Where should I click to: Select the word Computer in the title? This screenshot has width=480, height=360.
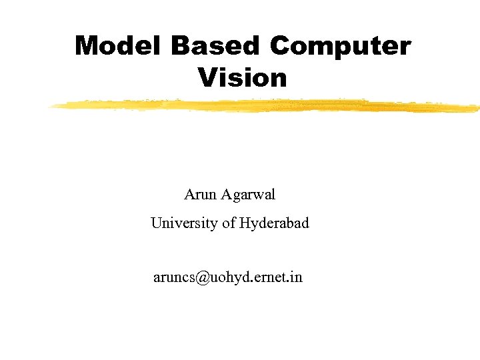pos(341,47)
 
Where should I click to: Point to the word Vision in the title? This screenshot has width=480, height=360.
pos(242,78)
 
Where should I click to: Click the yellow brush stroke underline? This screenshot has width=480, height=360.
pos(267,105)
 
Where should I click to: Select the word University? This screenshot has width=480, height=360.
pos(184,223)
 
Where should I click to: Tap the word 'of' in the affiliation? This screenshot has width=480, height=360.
pos(229,223)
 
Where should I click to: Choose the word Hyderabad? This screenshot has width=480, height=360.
pos(274,224)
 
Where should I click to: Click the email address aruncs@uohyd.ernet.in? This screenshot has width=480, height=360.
pos(228,277)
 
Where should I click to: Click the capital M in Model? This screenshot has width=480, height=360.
pos(85,47)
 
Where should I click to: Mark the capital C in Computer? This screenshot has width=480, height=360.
pos(283,47)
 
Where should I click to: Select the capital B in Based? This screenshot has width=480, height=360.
pos(181,47)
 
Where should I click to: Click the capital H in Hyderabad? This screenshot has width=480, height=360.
pos(245,223)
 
